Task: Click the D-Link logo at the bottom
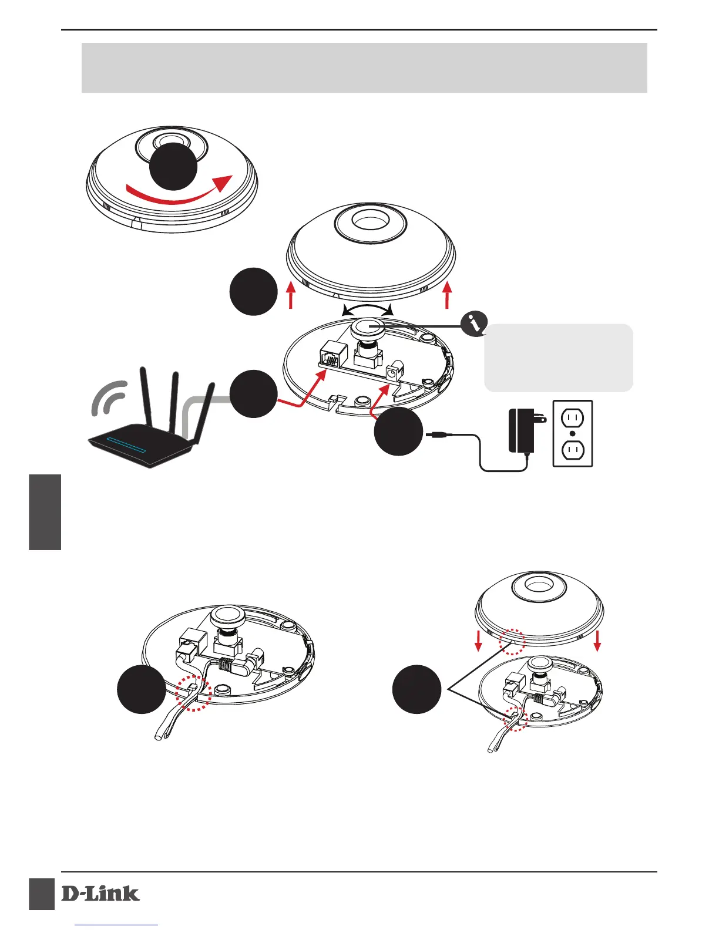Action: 100,894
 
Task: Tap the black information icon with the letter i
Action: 475,324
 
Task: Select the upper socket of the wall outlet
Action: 573,418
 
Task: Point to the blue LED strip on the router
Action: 126,446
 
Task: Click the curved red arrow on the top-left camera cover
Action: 176,192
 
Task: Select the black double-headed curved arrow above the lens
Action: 367,309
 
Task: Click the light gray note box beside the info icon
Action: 558,358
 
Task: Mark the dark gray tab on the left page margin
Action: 45,512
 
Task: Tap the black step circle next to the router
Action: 253,394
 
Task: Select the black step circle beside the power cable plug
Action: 398,432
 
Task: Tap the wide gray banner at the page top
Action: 364,68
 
